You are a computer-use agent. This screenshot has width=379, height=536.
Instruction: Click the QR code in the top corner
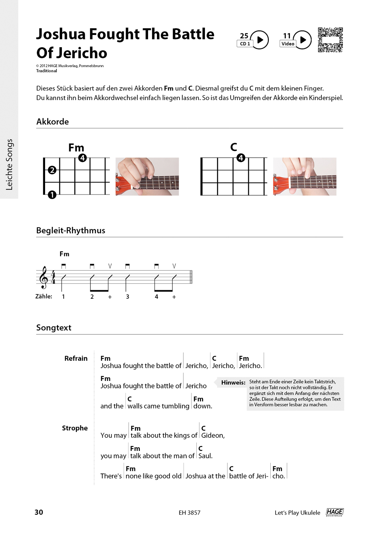330,40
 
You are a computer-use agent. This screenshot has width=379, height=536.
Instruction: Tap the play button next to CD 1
260,40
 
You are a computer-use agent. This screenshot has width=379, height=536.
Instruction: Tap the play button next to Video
303,40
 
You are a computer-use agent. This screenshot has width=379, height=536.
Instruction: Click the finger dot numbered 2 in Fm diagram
52,170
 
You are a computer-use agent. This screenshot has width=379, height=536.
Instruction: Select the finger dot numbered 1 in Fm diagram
52,195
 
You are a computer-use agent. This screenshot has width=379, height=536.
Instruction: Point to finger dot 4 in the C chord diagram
241,158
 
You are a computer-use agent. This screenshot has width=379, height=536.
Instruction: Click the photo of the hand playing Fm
147,177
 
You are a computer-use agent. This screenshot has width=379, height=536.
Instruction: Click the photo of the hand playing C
304,177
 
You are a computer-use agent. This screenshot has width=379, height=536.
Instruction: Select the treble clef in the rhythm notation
44,277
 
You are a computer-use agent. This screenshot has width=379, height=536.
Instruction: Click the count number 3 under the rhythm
127,297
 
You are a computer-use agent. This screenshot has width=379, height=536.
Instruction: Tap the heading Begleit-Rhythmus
70,230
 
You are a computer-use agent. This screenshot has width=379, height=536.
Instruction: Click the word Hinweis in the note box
233,383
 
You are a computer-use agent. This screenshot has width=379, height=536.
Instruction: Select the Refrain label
76,358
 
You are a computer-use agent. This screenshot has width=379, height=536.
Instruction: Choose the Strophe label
75,428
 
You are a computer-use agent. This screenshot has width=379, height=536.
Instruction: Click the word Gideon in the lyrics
212,436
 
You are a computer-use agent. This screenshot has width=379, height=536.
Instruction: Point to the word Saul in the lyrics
205,456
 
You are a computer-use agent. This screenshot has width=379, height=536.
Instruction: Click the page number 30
39,512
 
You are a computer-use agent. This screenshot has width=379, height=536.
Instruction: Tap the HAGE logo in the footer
334,512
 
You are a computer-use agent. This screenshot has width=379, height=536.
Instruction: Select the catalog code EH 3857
189,513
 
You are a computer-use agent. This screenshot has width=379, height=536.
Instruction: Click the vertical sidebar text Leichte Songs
9,164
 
